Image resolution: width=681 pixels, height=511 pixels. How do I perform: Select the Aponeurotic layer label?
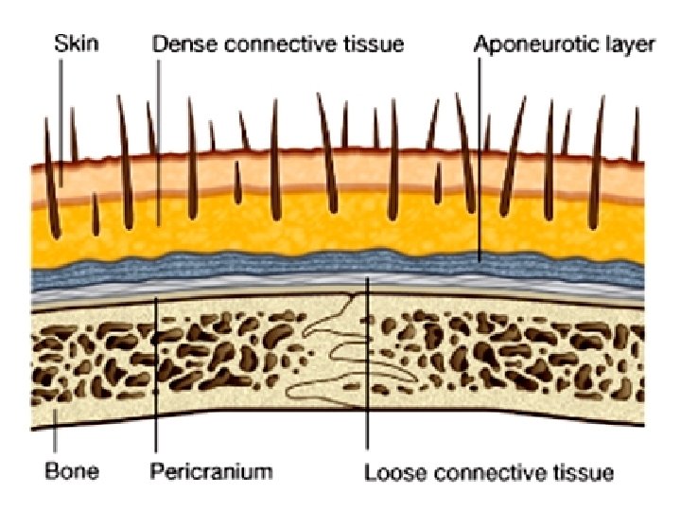(x=565, y=44)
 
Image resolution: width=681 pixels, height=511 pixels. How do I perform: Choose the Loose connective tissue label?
(x=489, y=470)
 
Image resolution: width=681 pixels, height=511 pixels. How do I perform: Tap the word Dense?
(x=177, y=44)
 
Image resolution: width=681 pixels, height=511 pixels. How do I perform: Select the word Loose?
(x=388, y=470)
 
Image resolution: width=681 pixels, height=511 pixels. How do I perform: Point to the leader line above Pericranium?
(x=154, y=379)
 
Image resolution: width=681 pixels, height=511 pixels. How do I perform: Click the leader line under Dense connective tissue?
(x=158, y=142)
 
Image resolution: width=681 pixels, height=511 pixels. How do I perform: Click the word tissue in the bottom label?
(x=586, y=470)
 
